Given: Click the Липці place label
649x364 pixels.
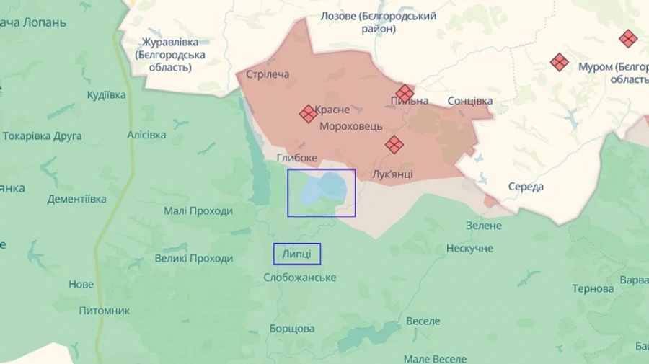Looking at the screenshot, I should tap(296, 254).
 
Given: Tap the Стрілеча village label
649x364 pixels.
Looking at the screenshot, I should tap(268, 74).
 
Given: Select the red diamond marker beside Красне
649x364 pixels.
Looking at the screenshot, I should tap(309, 113).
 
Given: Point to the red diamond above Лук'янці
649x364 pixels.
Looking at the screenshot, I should tap(394, 145).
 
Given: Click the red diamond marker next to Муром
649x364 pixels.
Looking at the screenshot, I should tap(560, 63).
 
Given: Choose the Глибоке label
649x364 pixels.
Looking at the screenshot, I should tap(296, 158).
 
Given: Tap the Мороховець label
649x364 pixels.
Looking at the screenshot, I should tap(352, 125).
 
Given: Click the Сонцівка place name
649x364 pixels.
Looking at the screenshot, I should tap(470, 101).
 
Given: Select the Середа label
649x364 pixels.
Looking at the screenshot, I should tap(526, 187).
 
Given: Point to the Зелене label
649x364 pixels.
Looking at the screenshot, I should tap(483, 226).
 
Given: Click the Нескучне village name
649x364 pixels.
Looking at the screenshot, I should tap(469, 248).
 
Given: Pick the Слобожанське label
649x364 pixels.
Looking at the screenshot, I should tap(300, 278).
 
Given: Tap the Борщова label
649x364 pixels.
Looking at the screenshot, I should tap(292, 329).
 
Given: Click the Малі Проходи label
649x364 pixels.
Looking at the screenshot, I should tap(198, 211).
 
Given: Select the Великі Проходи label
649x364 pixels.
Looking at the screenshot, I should tap(194, 259).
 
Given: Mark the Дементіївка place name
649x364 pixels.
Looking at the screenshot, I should tap(77, 199).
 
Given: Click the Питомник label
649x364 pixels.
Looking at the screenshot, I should tap(105, 311).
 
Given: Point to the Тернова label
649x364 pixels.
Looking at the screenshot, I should tap(593, 288).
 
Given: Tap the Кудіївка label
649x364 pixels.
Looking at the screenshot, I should tap(106, 95).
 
